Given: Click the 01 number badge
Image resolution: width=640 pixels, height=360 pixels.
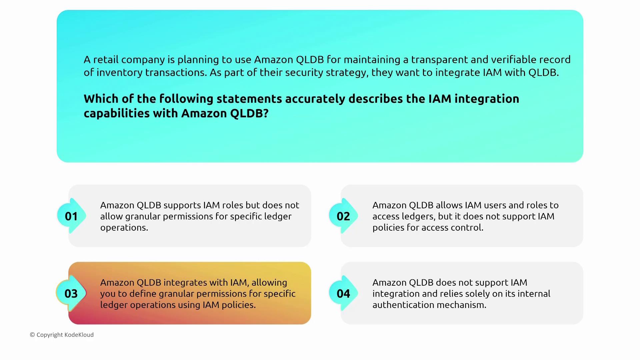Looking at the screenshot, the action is point(71,216).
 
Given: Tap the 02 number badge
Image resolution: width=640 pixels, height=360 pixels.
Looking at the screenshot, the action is point(343,216).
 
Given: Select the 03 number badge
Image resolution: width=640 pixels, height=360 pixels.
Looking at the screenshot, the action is point(71,293).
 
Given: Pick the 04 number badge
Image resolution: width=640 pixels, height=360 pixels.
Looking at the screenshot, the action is point(343,293).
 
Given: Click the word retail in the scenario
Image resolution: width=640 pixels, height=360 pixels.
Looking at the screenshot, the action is point(106,60).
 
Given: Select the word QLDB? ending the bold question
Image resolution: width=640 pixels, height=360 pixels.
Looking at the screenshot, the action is point(249,113).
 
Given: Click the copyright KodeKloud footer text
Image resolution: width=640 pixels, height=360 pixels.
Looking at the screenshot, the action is point(62,335).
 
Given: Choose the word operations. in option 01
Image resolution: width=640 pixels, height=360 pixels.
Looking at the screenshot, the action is point(124,227).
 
